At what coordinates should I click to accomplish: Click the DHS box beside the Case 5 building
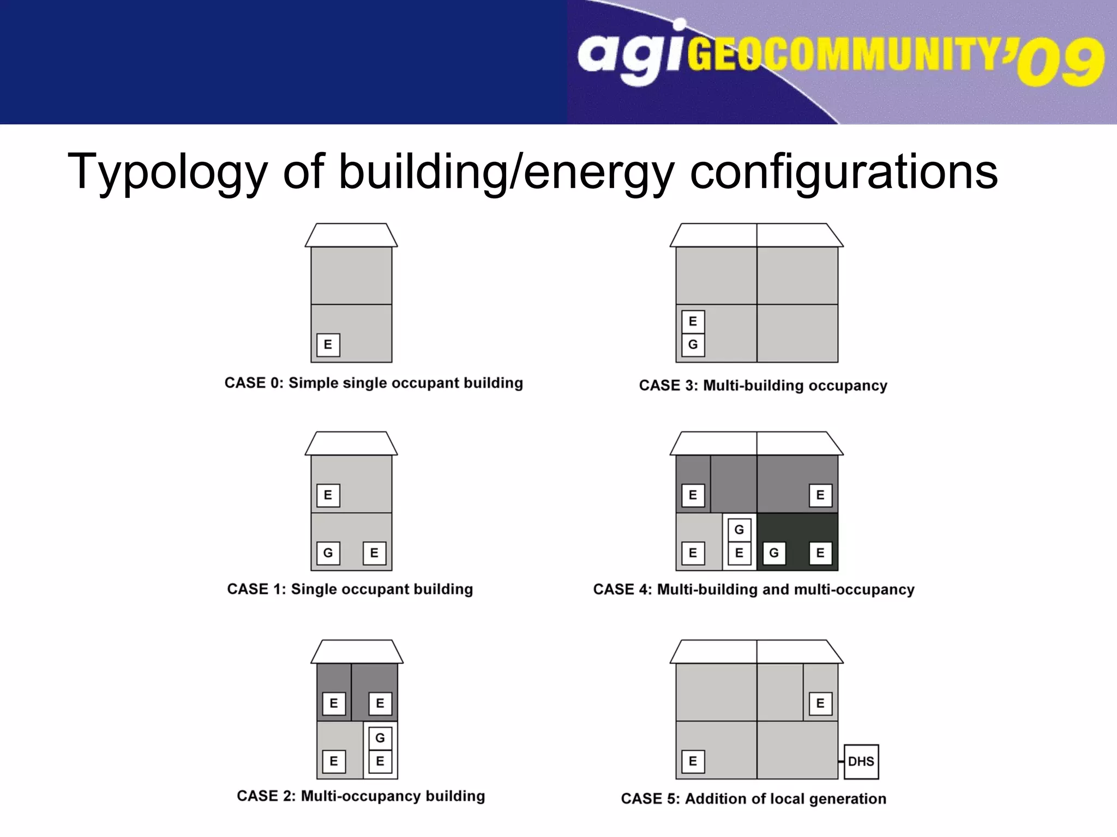tap(861, 761)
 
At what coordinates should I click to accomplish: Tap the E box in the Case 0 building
tap(328, 344)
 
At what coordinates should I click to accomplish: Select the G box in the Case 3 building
tap(693, 344)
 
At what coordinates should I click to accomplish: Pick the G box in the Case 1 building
tap(328, 553)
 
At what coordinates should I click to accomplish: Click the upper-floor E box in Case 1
tap(328, 495)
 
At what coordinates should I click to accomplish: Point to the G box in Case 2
tap(380, 738)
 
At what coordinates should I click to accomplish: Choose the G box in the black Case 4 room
tap(773, 553)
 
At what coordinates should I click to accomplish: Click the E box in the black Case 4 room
tap(820, 553)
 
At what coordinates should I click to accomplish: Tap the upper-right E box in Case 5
tap(820, 703)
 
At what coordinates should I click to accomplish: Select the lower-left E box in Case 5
tap(693, 761)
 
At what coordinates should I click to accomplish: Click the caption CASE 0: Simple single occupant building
tap(374, 383)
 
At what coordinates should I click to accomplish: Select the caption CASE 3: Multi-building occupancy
tap(763, 385)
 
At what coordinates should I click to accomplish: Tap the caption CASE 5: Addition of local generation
tap(753, 798)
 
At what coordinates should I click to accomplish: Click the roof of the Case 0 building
tap(351, 235)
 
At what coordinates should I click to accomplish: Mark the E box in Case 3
tap(693, 321)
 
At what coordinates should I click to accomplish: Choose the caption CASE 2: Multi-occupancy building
tap(361, 796)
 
